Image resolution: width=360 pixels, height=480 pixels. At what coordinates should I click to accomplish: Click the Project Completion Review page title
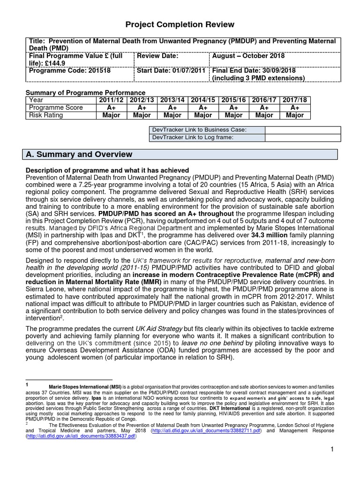[x=180, y=24]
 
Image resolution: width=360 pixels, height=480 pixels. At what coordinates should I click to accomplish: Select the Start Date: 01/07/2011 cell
[x=172, y=70]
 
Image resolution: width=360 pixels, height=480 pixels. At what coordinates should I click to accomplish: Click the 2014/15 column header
[x=202, y=100]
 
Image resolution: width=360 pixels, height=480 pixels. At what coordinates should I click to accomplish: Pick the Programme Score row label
[x=56, y=107]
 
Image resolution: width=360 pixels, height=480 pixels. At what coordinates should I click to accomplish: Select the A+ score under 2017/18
[x=294, y=107]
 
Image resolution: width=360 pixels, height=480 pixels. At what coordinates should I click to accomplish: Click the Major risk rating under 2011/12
[x=112, y=115]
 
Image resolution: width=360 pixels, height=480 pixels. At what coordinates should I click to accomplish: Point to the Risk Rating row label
[x=46, y=115]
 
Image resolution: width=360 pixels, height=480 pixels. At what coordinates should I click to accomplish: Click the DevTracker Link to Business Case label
[x=199, y=129]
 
